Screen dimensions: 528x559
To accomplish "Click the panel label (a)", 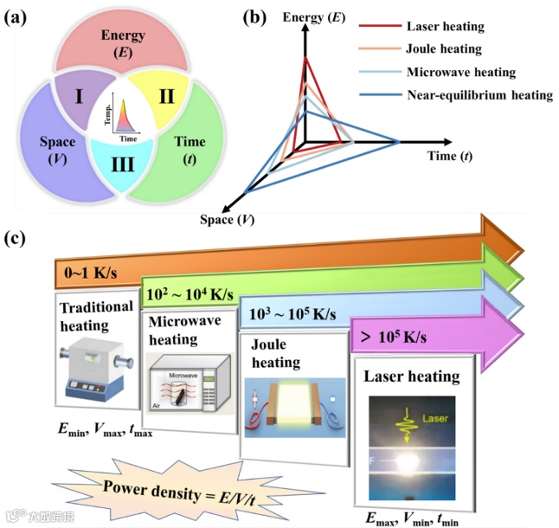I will (19, 16).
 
